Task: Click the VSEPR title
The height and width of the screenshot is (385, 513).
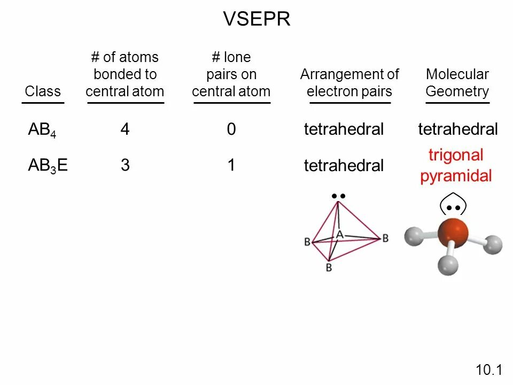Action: point(256,19)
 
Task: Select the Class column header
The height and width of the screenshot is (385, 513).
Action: point(43,91)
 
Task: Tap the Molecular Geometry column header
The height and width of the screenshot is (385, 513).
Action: point(457,83)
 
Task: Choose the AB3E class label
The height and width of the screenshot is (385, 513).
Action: point(48,166)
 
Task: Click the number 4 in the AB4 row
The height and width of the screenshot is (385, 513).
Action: point(125,129)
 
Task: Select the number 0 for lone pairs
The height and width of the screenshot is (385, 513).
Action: point(231,129)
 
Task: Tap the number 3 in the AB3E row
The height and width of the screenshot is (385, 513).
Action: point(125,166)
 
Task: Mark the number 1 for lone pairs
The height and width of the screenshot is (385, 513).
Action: point(231,166)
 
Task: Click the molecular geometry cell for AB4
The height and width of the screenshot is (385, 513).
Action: point(457,129)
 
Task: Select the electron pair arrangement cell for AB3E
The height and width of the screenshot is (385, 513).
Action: point(344,166)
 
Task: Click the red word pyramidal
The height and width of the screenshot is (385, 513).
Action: point(456,176)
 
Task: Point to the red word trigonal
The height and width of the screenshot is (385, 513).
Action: point(456,156)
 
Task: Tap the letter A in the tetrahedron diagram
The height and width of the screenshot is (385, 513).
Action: point(339,234)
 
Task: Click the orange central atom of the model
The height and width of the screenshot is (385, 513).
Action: point(453,233)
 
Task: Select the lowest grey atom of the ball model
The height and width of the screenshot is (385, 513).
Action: point(448,264)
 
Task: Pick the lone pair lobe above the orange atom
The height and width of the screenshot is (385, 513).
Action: point(454,205)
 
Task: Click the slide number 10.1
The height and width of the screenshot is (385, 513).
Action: point(489,370)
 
